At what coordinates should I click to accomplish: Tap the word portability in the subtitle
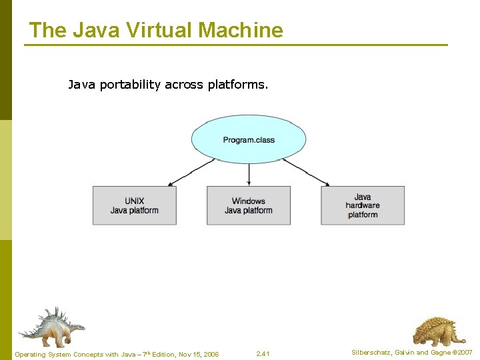[130, 85]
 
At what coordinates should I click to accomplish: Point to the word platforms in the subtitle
[237, 85]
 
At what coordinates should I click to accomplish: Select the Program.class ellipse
[249, 140]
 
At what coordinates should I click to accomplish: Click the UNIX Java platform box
[135, 205]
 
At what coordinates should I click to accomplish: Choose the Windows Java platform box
[249, 205]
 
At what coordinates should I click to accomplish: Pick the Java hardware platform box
[363, 205]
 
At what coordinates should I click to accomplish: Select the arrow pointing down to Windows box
[249, 174]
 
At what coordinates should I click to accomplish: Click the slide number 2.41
[263, 353]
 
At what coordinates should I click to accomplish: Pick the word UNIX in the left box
[135, 201]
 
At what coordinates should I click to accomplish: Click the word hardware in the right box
[363, 205]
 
